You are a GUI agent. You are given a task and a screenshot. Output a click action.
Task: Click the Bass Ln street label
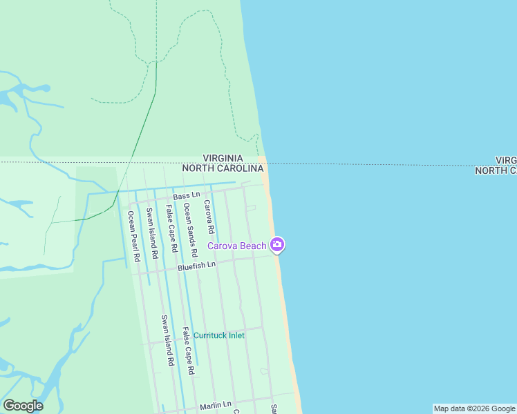(181, 197)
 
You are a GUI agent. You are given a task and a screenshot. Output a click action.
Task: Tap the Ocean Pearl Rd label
(133, 236)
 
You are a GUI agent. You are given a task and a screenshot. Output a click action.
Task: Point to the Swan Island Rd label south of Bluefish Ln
(167, 340)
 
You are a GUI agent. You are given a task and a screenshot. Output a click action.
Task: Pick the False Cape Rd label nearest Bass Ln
(171, 228)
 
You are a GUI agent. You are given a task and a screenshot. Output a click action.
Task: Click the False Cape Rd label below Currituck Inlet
(187, 351)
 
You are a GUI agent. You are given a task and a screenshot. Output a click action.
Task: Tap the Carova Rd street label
(208, 216)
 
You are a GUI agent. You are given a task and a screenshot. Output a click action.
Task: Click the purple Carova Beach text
(237, 246)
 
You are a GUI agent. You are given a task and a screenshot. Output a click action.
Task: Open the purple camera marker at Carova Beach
(277, 244)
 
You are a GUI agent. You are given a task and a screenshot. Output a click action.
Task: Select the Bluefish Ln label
(196, 265)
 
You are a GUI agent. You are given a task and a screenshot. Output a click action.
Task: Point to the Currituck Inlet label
(218, 335)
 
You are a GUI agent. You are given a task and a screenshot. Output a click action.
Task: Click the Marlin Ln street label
(215, 404)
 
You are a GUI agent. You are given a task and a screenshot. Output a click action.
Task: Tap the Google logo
(23, 406)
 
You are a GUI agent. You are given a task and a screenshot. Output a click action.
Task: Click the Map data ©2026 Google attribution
(474, 408)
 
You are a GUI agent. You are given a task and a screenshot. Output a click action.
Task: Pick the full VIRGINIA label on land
(223, 159)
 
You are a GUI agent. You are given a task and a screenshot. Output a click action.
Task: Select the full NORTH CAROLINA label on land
(223, 168)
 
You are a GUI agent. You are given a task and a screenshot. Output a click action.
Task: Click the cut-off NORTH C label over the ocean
(496, 170)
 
